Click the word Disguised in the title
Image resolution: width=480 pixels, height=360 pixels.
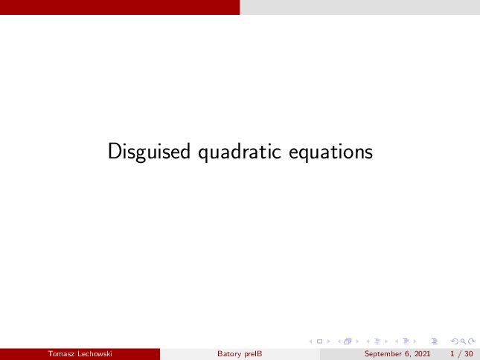(149, 152)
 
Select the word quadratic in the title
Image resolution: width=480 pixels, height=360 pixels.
(240, 152)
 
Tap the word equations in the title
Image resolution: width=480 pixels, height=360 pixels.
(330, 152)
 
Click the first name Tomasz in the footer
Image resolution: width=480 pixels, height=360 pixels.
(61, 354)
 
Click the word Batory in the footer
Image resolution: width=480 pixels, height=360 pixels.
(229, 354)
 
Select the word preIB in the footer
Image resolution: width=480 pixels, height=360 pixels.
(253, 354)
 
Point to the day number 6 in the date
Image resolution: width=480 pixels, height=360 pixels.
(407, 354)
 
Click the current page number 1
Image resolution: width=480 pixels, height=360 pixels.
(452, 354)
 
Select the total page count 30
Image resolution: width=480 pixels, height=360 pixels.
(469, 354)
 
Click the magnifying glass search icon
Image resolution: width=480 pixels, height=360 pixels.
(463, 341)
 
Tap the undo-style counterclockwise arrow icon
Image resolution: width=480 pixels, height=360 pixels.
(455, 341)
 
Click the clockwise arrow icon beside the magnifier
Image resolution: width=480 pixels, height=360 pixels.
(472, 341)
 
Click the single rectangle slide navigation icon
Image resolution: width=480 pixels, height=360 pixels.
(319, 341)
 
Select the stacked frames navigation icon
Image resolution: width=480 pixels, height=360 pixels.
(348, 341)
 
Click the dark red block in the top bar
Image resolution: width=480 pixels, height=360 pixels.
(120, 7)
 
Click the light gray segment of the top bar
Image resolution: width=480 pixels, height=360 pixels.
(360, 7)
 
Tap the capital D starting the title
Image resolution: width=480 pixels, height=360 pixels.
(114, 151)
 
